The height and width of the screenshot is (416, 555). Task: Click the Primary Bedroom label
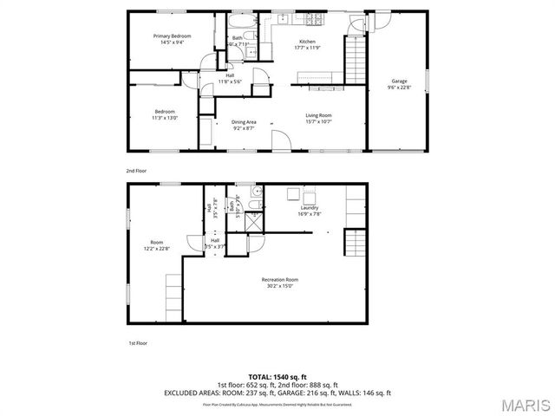pos(172,36)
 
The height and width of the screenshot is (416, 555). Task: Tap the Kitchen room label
pos(307,42)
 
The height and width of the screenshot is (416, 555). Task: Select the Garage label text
pos(398,81)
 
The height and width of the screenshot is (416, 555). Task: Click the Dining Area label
pos(244,122)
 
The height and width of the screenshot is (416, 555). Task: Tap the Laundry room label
pos(310,208)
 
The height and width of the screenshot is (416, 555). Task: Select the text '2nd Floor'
pos(137,172)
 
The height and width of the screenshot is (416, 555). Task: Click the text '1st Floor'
pos(137,343)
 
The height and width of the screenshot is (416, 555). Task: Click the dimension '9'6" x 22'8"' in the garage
pos(398,88)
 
